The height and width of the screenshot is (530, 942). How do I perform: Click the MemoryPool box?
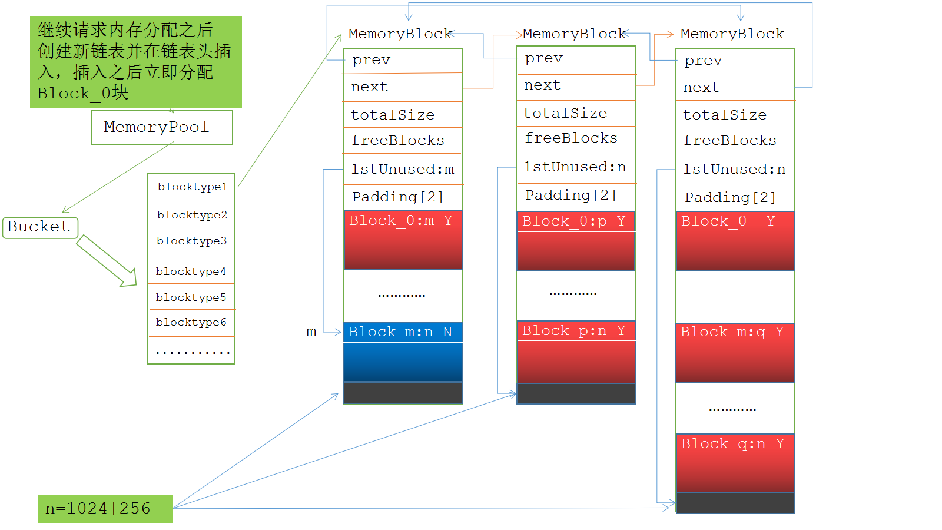[x=162, y=127]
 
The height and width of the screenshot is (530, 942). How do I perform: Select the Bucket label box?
[x=40, y=227]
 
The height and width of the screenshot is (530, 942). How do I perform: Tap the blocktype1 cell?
[x=191, y=187]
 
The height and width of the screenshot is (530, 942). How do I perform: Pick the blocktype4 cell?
[x=191, y=271]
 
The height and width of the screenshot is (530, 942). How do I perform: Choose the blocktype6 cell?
[x=191, y=323]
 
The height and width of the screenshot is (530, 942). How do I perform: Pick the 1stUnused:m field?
[x=403, y=170]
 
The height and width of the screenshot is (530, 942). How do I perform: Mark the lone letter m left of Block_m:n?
[x=311, y=332]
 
